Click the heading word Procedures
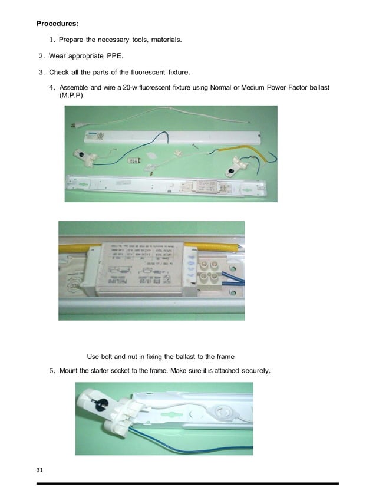tap(58, 24)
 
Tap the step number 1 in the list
tap(52, 40)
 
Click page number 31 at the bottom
tap(40, 470)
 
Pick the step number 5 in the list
tap(52, 371)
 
